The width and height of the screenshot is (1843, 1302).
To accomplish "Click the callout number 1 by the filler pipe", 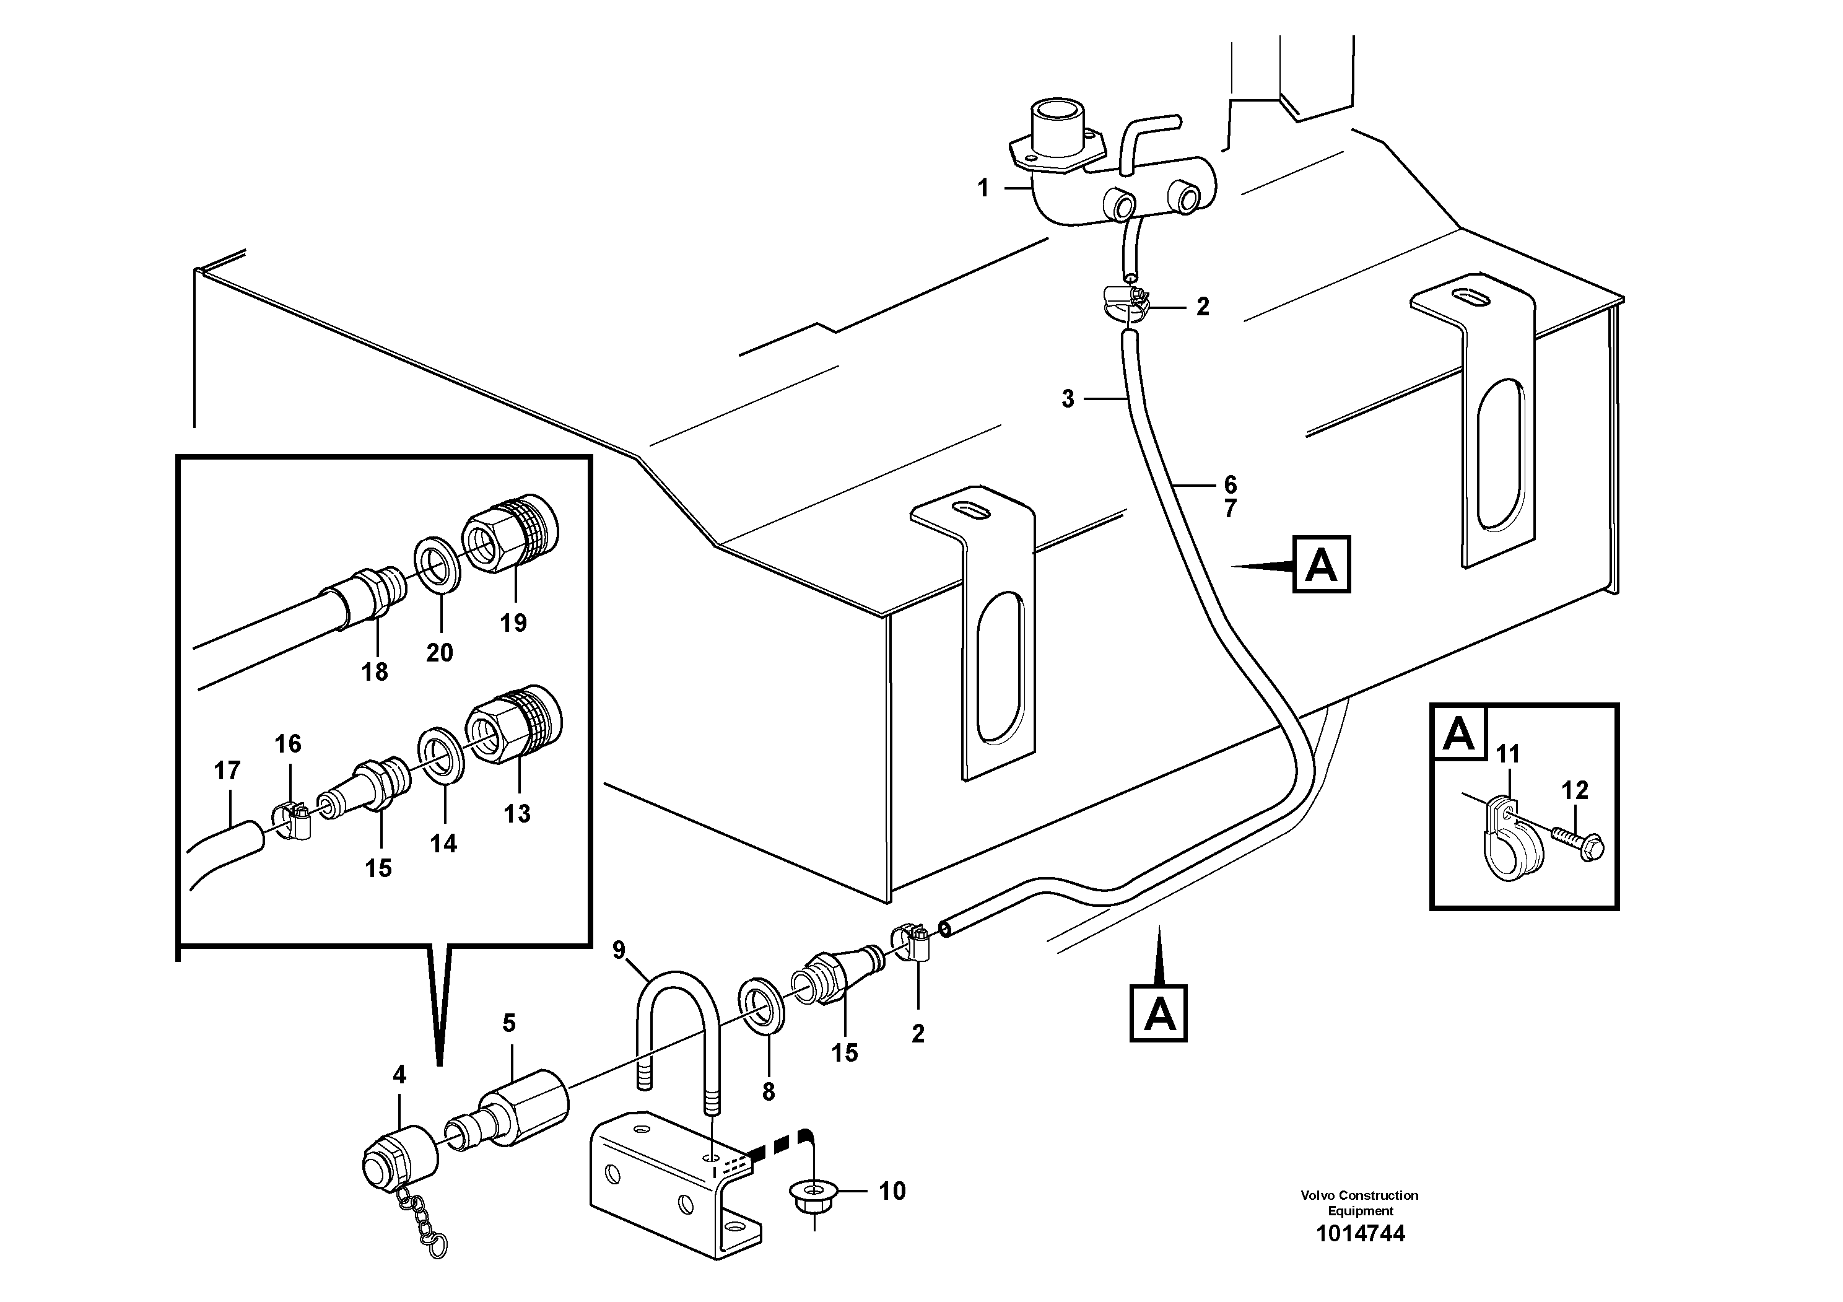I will [983, 189].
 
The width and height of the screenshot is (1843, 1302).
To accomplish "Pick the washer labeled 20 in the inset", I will [437, 567].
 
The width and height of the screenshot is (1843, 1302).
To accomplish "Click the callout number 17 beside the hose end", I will [227, 771].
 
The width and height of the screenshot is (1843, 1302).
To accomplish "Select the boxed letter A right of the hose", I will [1321, 565].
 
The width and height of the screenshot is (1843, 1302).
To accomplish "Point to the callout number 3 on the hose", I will [1068, 399].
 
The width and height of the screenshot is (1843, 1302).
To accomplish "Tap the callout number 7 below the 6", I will [1230, 509].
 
